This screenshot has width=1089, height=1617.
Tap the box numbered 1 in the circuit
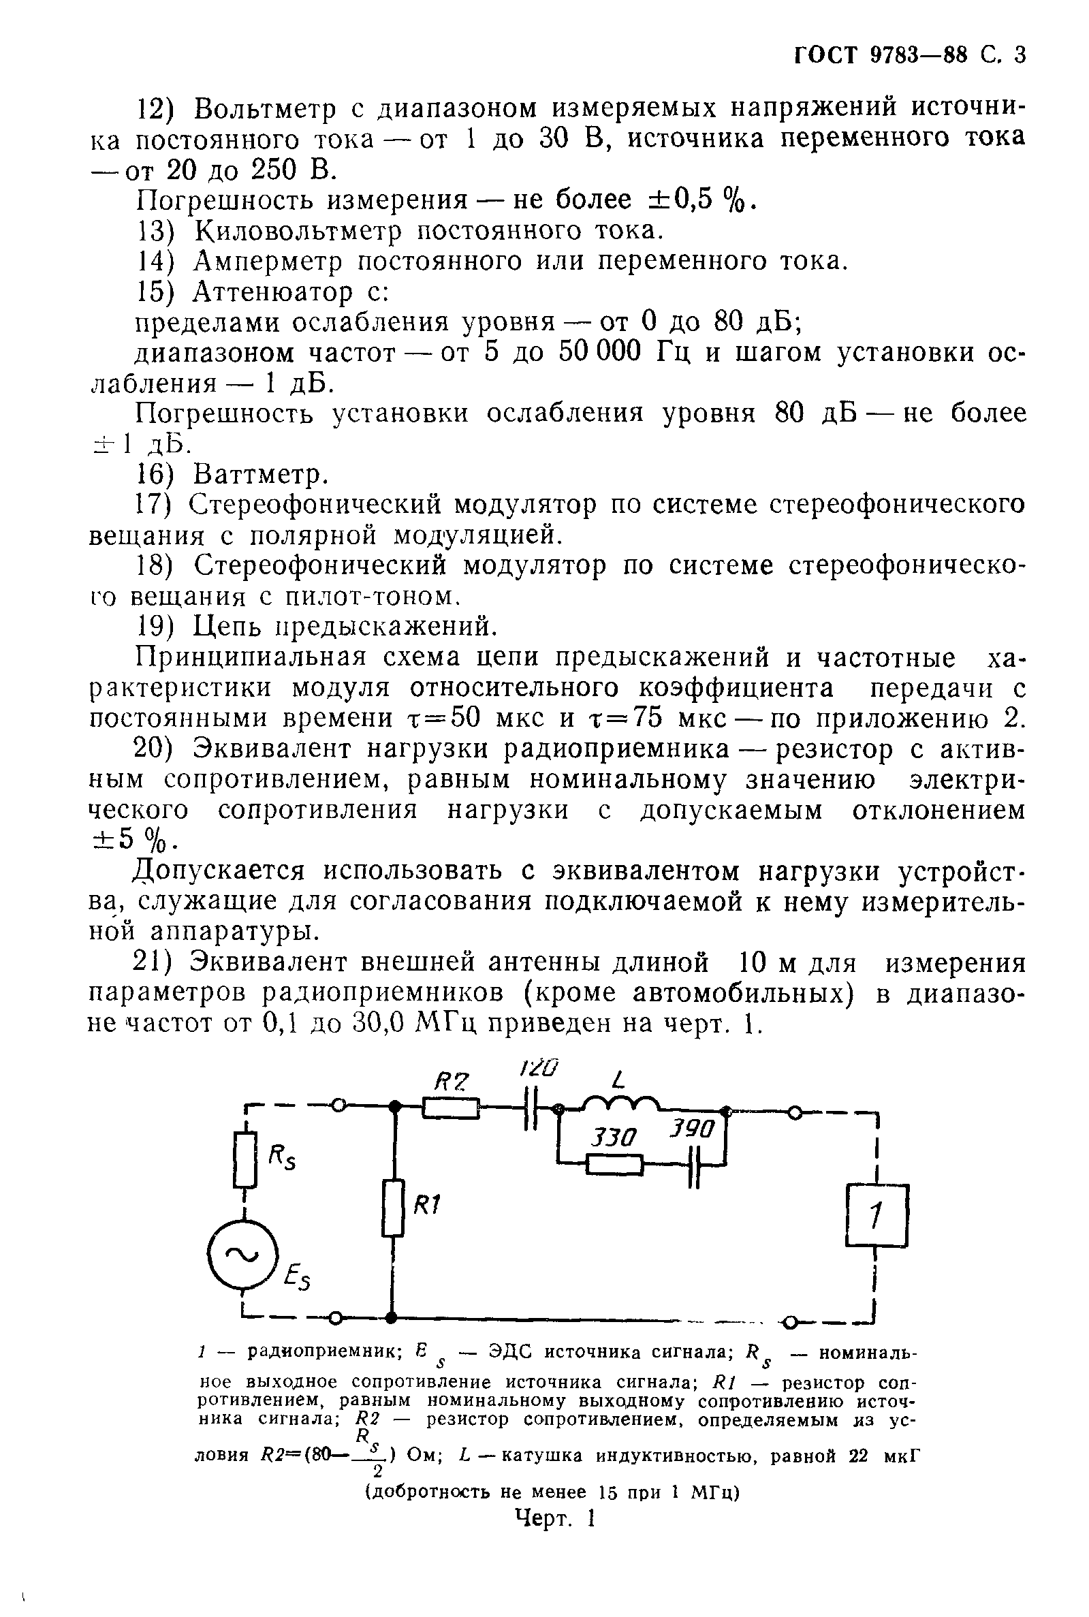click(x=877, y=1215)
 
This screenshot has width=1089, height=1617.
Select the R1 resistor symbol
click(x=393, y=1207)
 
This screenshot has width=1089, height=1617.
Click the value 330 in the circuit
click(x=613, y=1137)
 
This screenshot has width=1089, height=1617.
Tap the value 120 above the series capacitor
click(x=539, y=1067)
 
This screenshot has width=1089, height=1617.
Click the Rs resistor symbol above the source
click(x=244, y=1159)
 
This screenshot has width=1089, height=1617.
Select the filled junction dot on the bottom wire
click(x=392, y=1317)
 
